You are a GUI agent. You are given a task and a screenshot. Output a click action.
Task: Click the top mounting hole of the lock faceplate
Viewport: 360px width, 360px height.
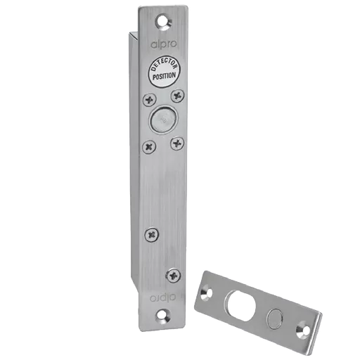pyautogui.click(x=167, y=21)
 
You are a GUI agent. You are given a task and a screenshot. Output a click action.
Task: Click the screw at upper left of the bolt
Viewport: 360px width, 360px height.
pyautogui.click(x=149, y=101)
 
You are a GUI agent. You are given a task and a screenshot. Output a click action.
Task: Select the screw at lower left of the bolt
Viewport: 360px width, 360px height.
pyautogui.click(x=149, y=146)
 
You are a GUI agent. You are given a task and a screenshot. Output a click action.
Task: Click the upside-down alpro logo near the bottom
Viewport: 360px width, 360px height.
pyautogui.click(x=164, y=298)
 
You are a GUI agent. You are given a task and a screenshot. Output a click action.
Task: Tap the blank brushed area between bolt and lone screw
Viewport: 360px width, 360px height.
pyautogui.click(x=163, y=190)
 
